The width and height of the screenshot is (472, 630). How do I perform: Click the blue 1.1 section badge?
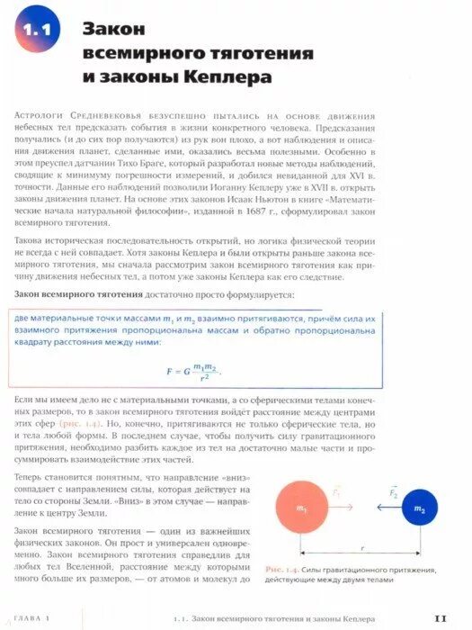pyautogui.click(x=37, y=32)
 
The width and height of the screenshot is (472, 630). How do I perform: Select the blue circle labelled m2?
pyautogui.click(x=419, y=508)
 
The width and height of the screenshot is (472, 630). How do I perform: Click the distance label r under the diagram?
pyautogui.click(x=361, y=546)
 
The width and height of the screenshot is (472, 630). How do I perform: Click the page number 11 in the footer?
pyautogui.click(x=441, y=617)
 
